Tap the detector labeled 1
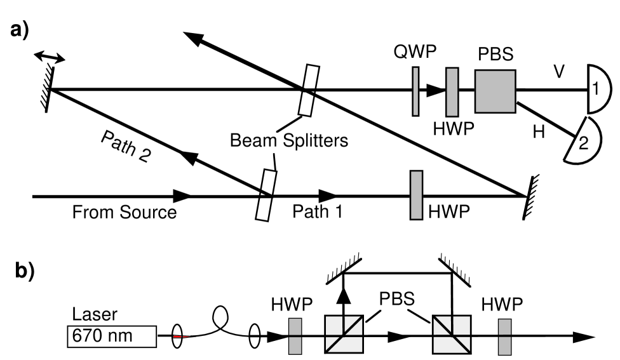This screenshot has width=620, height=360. tap(598, 91)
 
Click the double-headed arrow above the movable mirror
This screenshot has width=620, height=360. tap(49, 58)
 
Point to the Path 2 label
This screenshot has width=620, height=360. tap(125, 147)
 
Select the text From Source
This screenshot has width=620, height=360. tap(124, 211)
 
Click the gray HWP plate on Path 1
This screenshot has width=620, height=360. tap(416, 195)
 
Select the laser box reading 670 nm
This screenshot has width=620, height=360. tap(111, 335)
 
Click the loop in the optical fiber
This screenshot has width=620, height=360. tap(222, 313)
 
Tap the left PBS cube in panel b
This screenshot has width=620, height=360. tap(344, 335)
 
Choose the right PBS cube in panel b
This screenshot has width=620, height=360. tap(452, 335)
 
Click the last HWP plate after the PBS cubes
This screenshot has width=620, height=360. tap(505, 335)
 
